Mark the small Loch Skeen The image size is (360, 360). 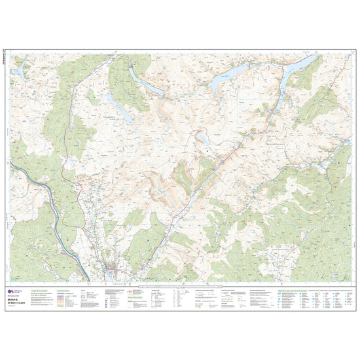click(205, 139)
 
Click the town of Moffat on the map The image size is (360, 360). click(116, 267)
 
